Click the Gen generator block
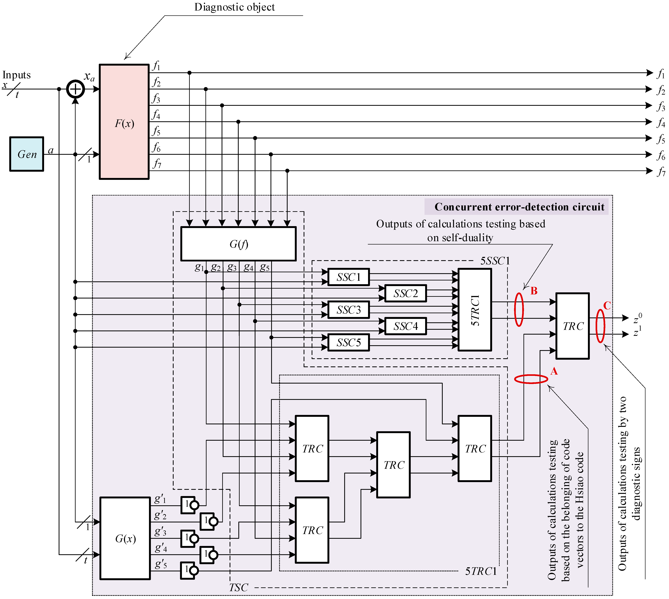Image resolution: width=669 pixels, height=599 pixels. point(27,154)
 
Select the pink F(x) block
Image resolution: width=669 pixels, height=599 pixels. point(124,122)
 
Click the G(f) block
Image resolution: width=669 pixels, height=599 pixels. point(239,244)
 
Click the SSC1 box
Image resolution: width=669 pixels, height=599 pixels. point(349,277)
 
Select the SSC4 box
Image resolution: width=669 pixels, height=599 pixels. point(406,326)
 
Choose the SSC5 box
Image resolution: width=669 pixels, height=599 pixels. point(349,343)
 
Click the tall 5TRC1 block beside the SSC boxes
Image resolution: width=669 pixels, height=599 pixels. point(475,310)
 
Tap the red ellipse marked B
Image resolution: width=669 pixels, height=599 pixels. point(519,310)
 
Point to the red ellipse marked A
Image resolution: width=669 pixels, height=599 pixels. point(531,379)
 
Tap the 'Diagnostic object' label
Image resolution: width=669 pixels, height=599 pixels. point(234,7)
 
